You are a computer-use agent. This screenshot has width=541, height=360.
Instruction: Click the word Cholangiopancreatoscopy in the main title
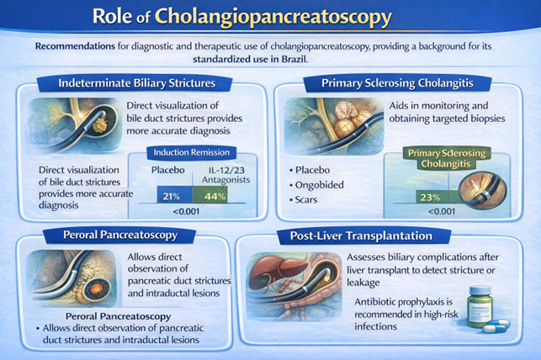296,16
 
